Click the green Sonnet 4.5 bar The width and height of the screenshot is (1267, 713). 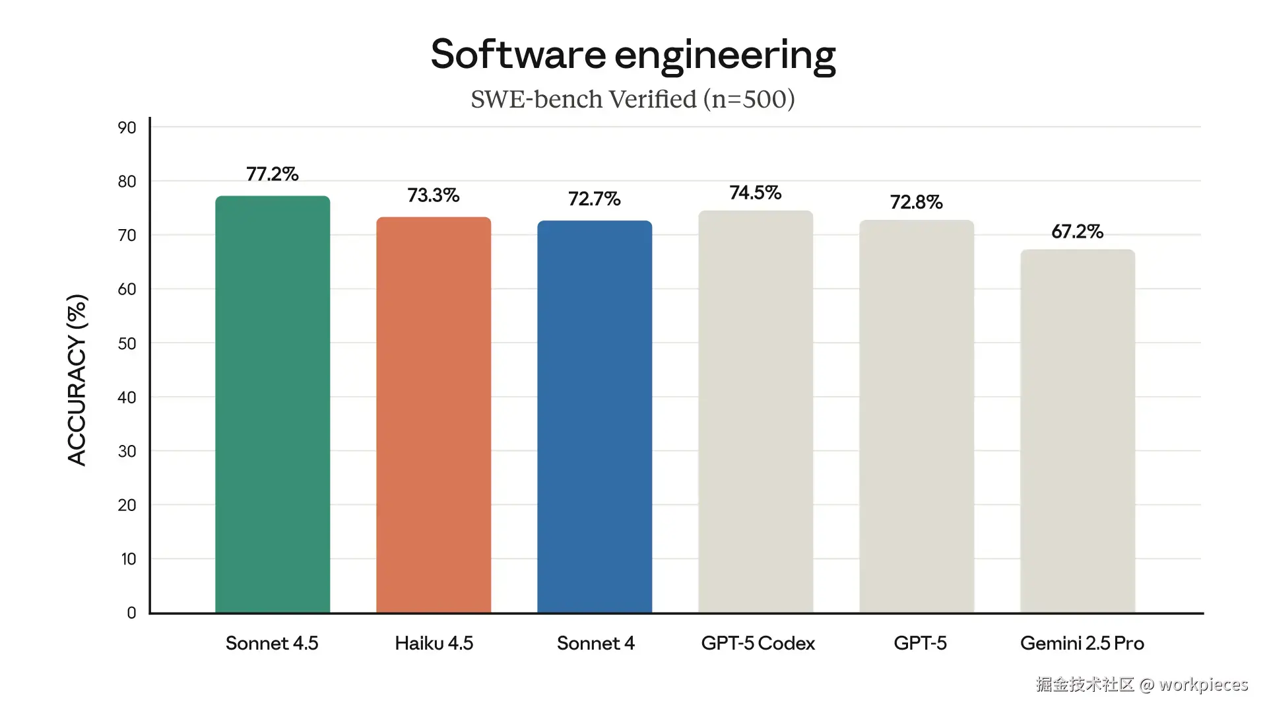[273, 404]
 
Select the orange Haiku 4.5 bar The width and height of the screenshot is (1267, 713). [434, 415]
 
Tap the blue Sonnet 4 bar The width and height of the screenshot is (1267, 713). [595, 417]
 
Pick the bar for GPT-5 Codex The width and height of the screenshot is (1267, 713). [756, 411]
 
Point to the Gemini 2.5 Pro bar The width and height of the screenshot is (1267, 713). [1078, 431]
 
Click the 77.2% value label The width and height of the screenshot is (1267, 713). [273, 174]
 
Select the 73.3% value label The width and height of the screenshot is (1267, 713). [434, 195]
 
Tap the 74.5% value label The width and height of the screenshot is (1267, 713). [756, 193]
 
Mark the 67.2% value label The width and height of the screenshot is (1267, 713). [1078, 232]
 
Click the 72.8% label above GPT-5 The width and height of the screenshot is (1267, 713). [917, 202]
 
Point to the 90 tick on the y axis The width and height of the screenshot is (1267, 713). [127, 127]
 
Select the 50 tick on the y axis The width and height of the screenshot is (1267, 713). [127, 343]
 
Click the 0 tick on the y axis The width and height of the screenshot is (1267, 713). [131, 613]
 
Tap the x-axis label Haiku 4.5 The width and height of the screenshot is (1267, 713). [434, 643]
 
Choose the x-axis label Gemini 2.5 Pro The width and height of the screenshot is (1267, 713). [1082, 643]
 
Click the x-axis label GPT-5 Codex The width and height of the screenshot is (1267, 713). [758, 643]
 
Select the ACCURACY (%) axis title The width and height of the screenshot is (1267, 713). [77, 380]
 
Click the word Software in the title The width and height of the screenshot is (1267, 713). [518, 54]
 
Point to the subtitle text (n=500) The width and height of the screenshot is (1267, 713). [748, 99]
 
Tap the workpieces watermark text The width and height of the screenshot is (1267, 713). [1204, 685]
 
